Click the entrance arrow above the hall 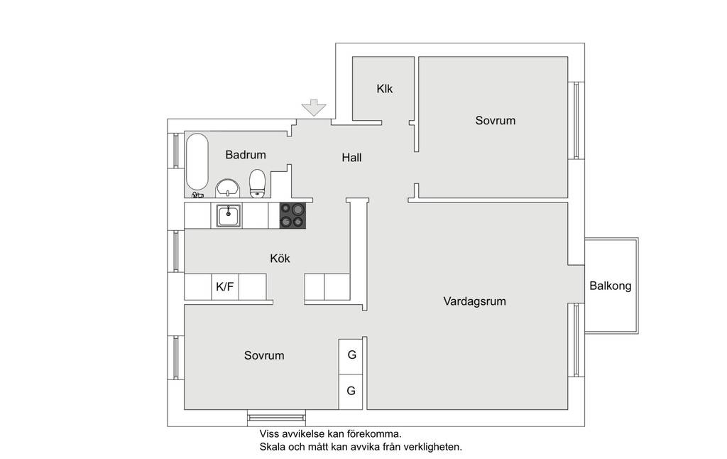314,108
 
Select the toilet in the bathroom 257,183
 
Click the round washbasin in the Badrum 228,188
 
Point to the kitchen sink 228,216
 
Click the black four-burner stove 293,215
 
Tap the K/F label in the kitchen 225,287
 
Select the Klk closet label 384,89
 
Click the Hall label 351,158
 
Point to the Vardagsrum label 474,301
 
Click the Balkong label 610,286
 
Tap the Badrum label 246,155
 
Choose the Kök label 280,258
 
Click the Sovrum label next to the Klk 495,121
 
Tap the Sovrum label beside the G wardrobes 264,355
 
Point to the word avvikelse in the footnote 302,434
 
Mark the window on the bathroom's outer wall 176,151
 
